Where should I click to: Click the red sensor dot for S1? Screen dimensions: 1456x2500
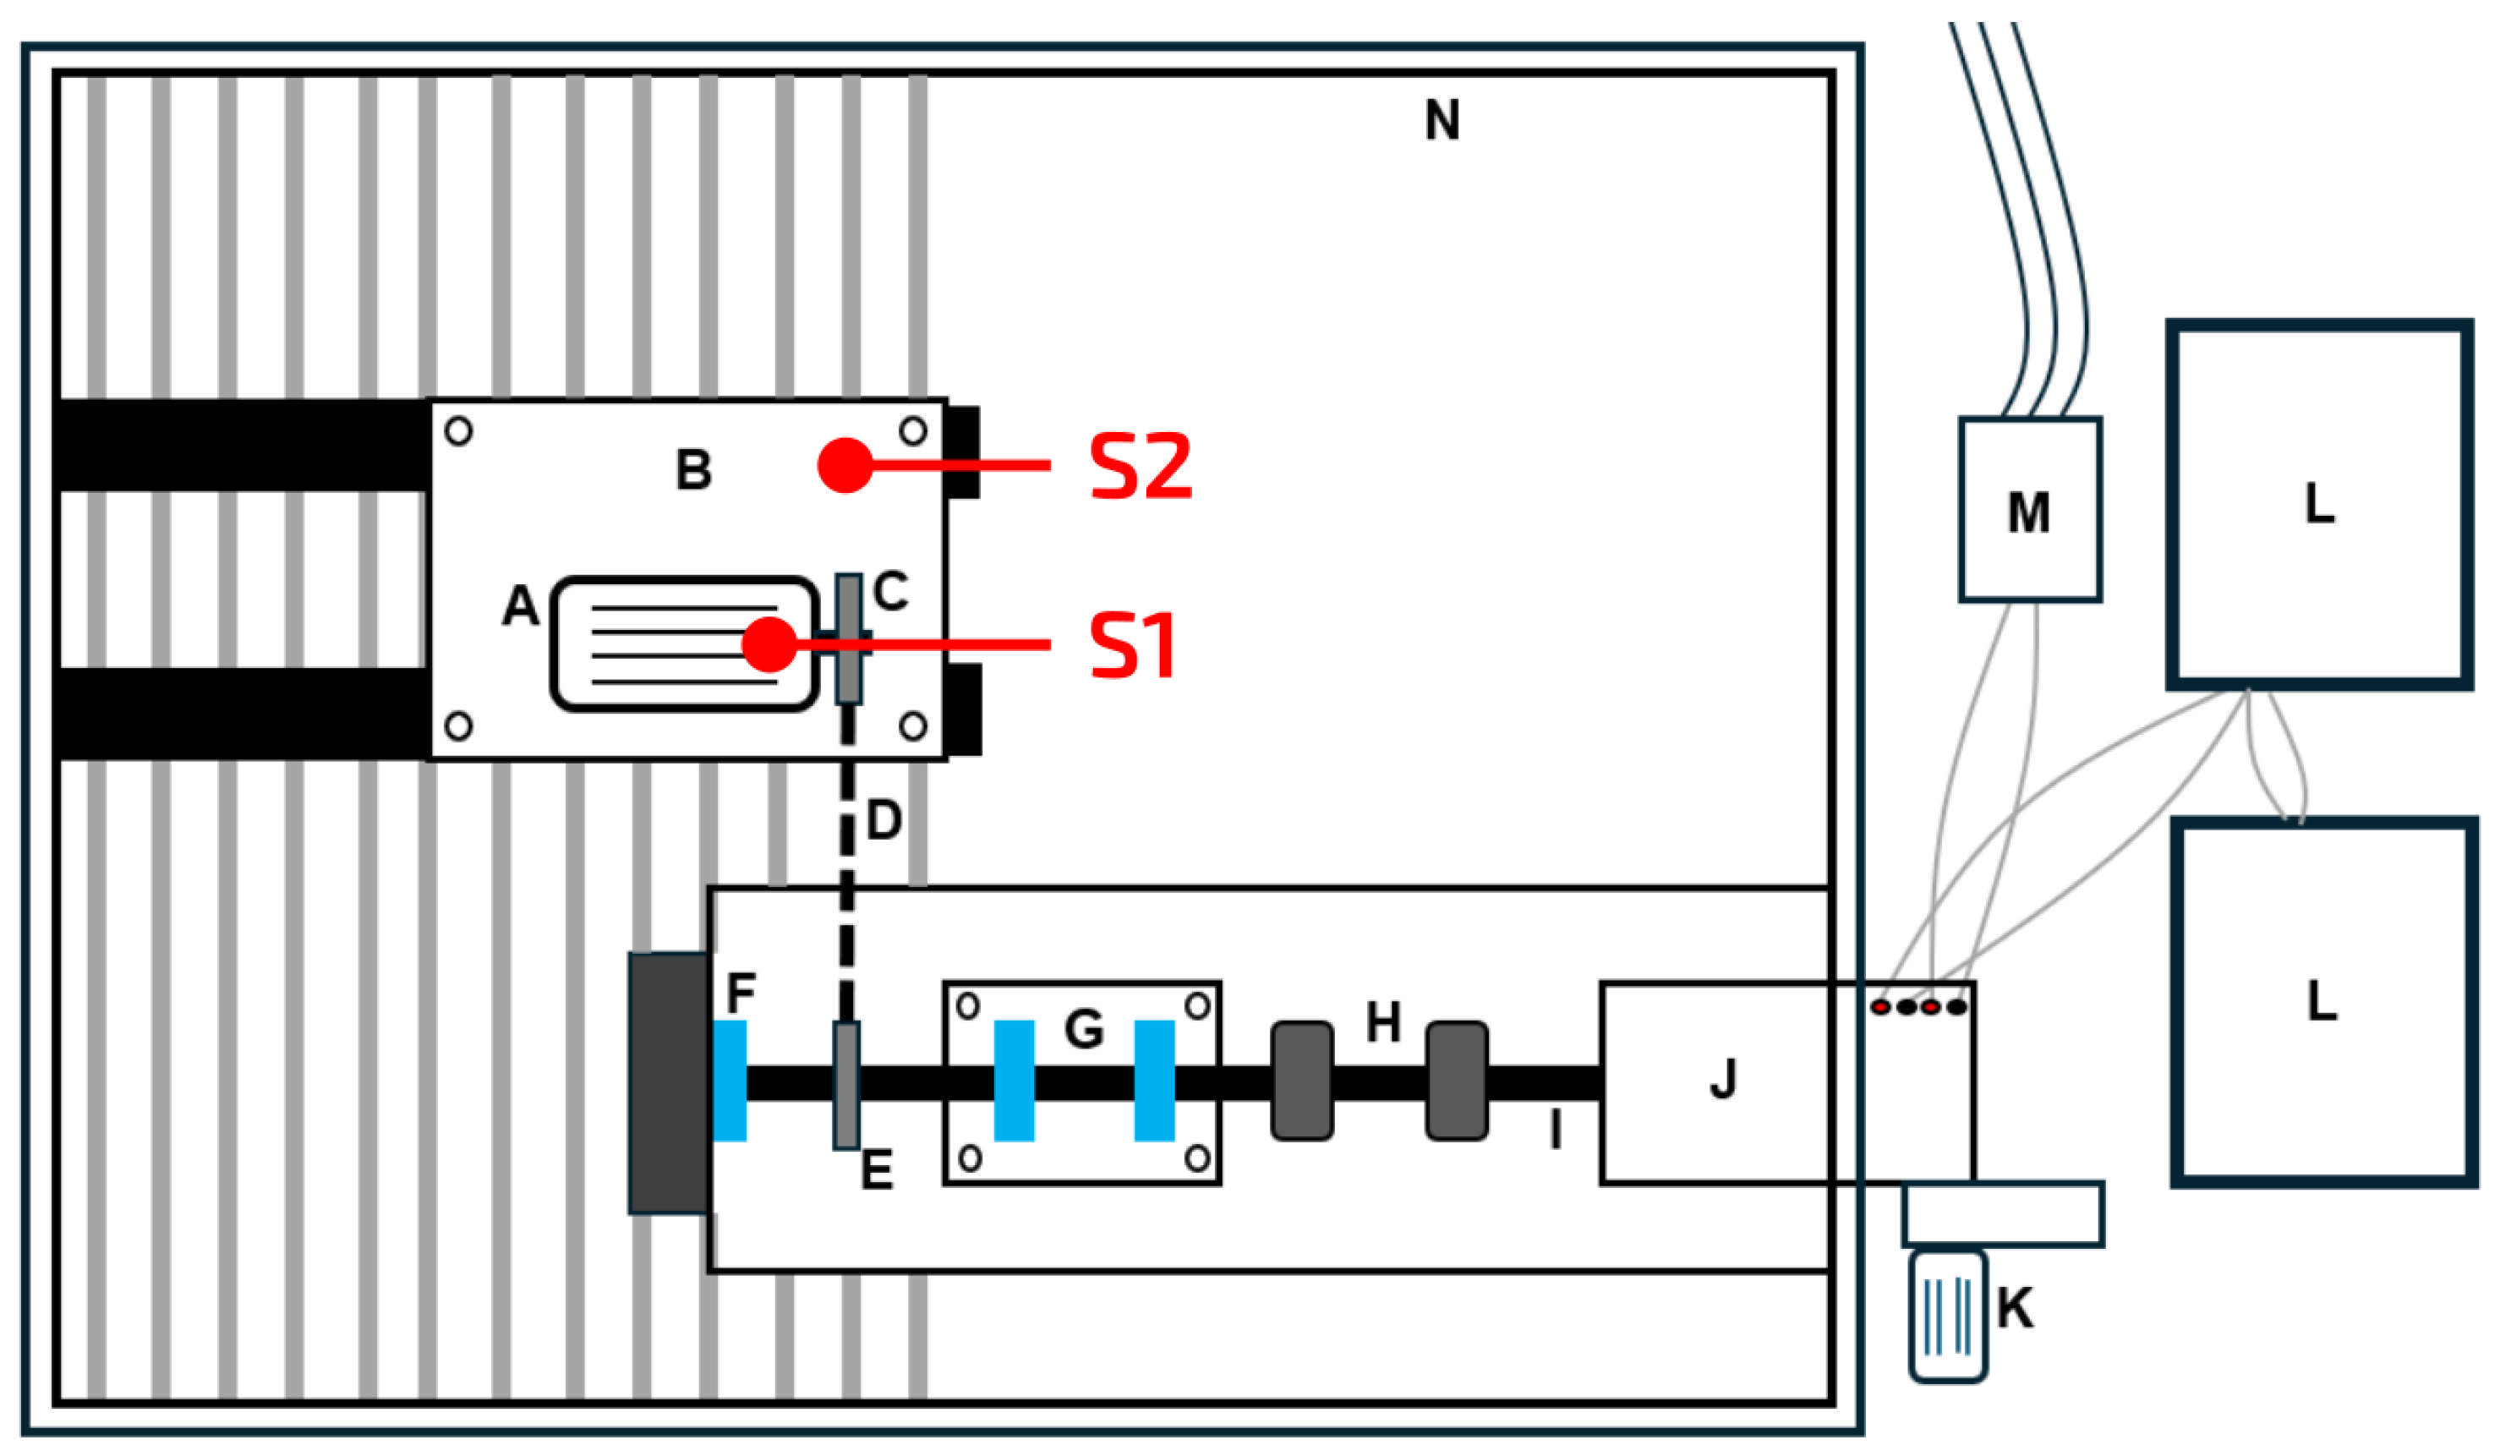point(769,644)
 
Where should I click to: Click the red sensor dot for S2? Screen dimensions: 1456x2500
point(845,464)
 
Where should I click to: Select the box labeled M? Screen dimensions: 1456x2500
point(2030,510)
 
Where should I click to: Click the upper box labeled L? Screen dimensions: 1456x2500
point(2317,504)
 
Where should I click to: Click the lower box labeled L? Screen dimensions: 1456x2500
point(2322,1002)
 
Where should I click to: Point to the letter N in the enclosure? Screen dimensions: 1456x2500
point(1441,121)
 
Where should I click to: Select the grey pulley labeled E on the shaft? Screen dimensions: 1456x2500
point(846,1086)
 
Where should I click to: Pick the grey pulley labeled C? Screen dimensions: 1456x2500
point(848,638)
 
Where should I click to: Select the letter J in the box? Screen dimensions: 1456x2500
point(1723,1079)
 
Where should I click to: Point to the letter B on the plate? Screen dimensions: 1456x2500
point(693,469)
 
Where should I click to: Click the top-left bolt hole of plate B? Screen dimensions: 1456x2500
point(458,430)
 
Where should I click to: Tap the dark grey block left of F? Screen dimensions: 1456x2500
point(669,1083)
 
